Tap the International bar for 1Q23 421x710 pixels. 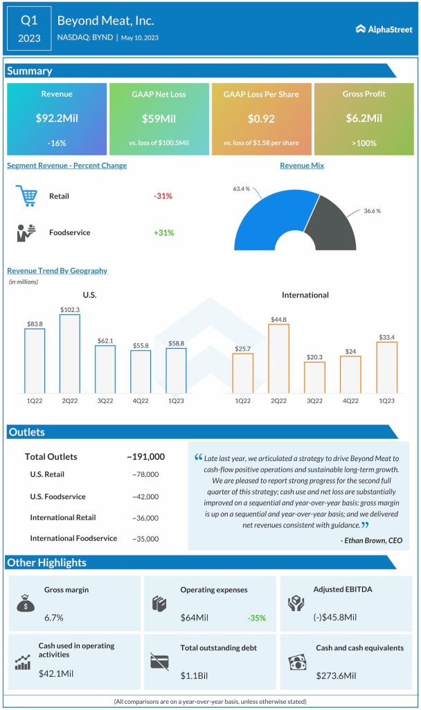(x=386, y=367)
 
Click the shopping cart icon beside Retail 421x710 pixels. (x=26, y=196)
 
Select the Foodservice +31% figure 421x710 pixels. (x=163, y=232)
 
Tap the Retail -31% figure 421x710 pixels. (x=163, y=196)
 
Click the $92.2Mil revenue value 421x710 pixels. (x=57, y=119)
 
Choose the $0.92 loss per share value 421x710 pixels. (x=262, y=119)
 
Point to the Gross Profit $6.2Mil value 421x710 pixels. (x=364, y=119)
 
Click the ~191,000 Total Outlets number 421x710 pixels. (x=145, y=456)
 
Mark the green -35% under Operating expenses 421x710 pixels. (x=257, y=617)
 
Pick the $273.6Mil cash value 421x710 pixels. (x=336, y=675)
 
